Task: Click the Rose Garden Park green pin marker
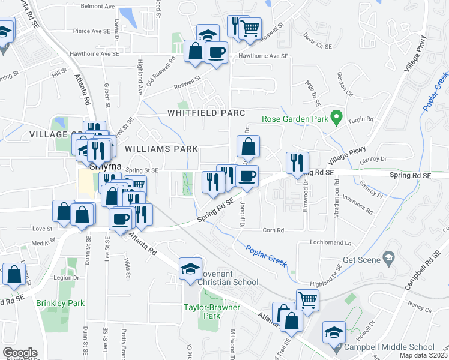point(337,118)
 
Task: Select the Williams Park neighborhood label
point(161,148)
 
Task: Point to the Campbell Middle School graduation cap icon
point(333,332)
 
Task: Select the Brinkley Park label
point(60,304)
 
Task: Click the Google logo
point(19,353)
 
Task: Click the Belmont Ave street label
point(97,6)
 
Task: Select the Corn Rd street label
point(273,230)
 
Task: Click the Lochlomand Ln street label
point(330,243)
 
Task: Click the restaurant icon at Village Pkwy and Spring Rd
point(298,162)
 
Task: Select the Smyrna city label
point(106,166)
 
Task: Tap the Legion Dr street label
point(67,278)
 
